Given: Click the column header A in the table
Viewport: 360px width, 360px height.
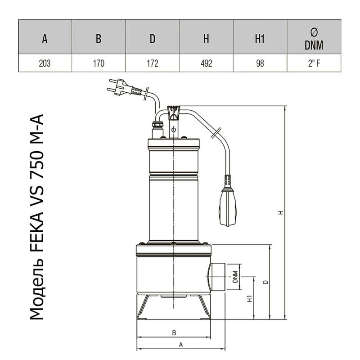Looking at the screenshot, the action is click(45, 39).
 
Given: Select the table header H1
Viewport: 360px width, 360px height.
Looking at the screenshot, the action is click(260, 39).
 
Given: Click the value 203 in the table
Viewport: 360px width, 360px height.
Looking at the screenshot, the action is click(45, 63).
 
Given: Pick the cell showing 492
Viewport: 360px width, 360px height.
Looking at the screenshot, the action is click(206, 63).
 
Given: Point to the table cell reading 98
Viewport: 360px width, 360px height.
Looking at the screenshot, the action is click(260, 63).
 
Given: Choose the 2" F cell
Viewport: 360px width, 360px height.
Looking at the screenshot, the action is click(314, 63).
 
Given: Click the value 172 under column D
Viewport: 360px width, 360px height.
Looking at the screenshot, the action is click(153, 63).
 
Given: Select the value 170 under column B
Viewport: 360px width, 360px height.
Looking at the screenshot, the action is click(99, 63).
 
